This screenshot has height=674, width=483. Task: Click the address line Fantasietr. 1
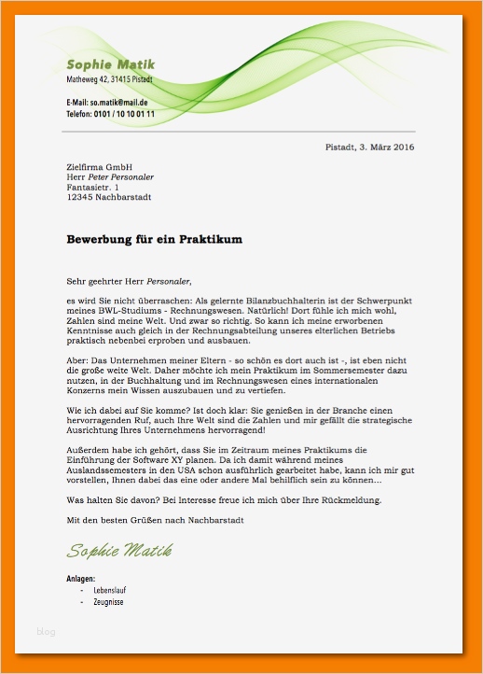pos(93,187)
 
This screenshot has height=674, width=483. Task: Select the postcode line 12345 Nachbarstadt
pos(109,197)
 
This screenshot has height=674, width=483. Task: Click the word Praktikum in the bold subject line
pos(204,240)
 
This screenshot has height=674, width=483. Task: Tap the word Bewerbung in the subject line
pos(102,240)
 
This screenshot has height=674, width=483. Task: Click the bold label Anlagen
pos(81,580)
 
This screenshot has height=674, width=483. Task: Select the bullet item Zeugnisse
pos(110,602)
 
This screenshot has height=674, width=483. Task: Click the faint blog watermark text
pos(47,632)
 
